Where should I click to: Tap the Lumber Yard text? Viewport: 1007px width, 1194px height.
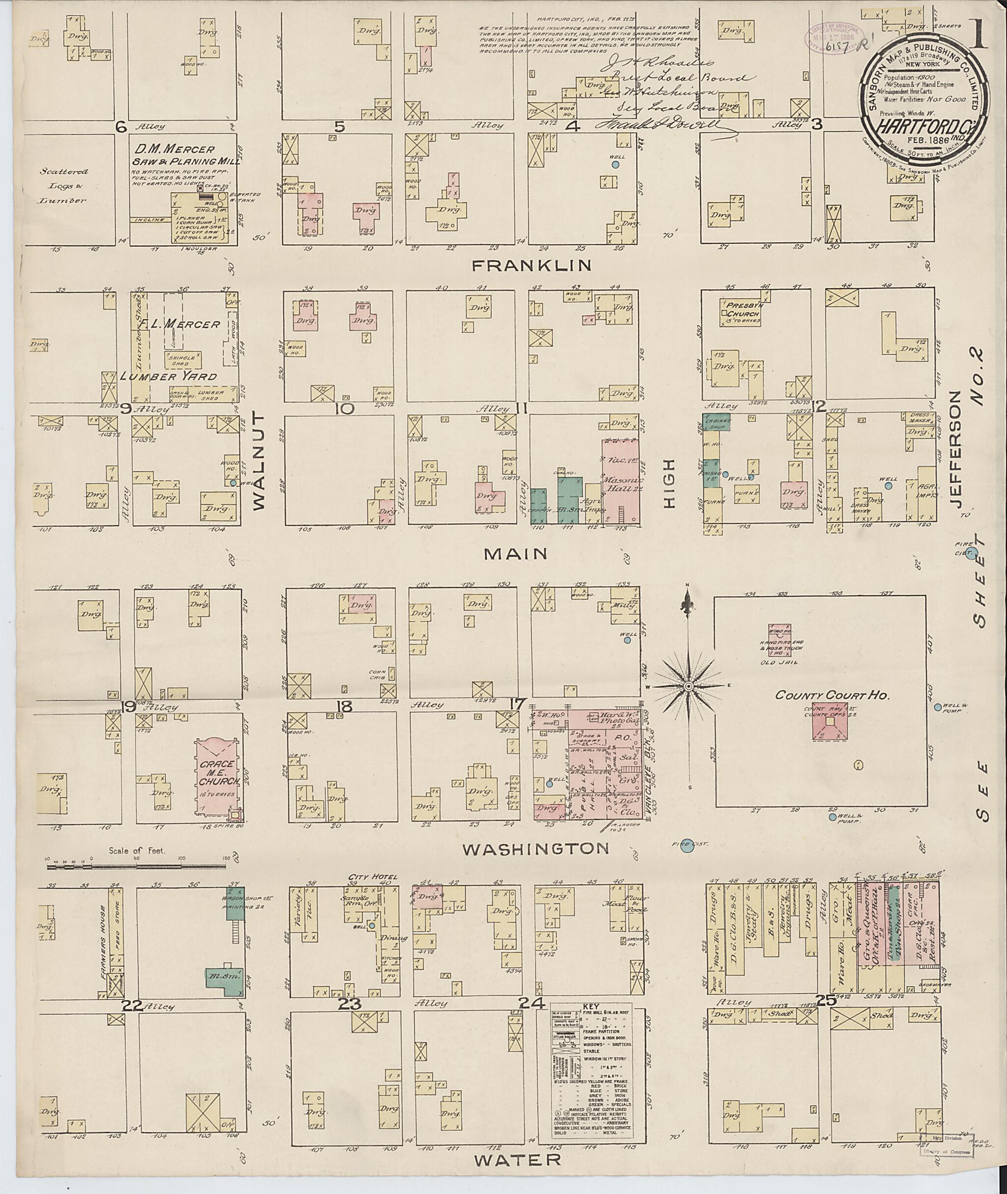tap(168, 376)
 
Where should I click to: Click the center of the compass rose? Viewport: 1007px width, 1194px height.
tap(689, 685)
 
